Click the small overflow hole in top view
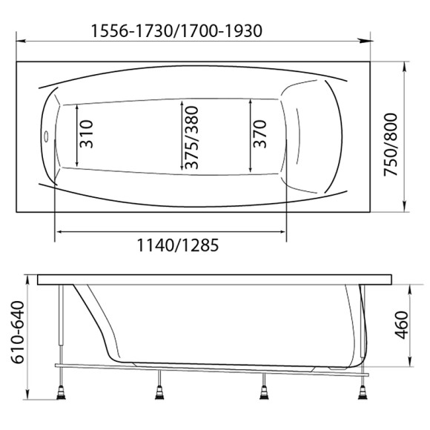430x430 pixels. pyautogui.click(x=47, y=136)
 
